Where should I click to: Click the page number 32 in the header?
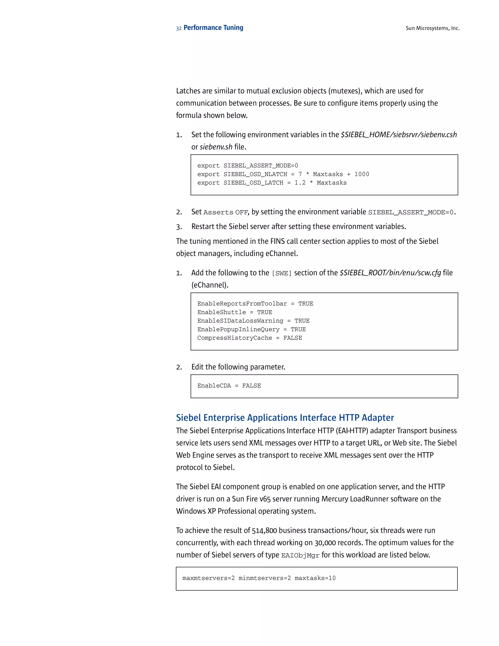[x=179, y=28]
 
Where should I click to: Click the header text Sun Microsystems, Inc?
[x=432, y=28]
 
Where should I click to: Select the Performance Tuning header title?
[x=213, y=28]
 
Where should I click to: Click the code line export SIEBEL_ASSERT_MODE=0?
[x=248, y=166]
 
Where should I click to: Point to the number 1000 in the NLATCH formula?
[x=362, y=174]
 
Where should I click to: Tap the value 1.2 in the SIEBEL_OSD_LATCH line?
[x=300, y=183]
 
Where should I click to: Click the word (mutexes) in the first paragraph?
[x=345, y=91]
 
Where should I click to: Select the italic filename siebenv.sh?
[x=216, y=147]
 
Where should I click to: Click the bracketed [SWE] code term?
[x=281, y=273]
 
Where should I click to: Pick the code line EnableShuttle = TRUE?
[x=235, y=312]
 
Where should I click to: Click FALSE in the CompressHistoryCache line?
[x=293, y=338]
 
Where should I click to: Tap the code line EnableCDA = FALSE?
[x=229, y=386]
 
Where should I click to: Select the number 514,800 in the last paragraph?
[x=264, y=530]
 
